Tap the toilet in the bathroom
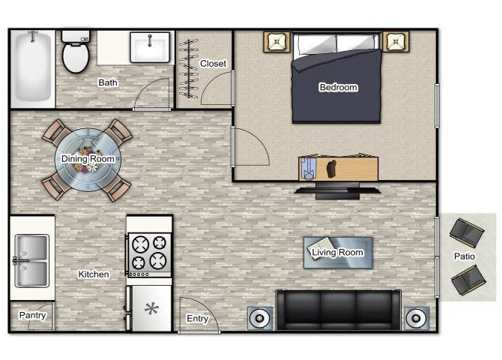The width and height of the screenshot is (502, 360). tap(75, 53)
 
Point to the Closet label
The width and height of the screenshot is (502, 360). tap(213, 64)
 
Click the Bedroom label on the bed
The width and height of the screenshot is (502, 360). tap(338, 88)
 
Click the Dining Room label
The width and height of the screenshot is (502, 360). tap(88, 159)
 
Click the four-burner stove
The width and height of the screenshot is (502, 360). tap(149, 253)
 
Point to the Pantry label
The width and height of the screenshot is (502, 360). tap(32, 316)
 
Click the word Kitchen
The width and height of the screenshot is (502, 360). tap(94, 274)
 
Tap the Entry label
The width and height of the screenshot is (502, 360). tap(197, 319)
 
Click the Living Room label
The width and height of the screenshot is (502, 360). tap(337, 253)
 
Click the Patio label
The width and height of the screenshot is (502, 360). tap(465, 256)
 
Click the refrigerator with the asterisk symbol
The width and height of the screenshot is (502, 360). tap(149, 308)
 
